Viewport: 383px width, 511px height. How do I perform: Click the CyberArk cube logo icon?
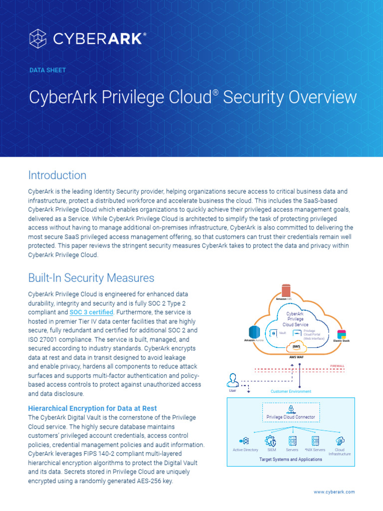(x=39, y=38)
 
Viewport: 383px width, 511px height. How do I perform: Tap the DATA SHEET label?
(x=47, y=70)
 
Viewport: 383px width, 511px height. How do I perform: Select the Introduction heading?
(x=57, y=175)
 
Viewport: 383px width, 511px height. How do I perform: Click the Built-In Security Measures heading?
(x=91, y=278)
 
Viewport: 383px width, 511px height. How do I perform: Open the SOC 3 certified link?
(x=92, y=312)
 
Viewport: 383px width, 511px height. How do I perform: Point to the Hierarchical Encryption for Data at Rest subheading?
(x=93, y=408)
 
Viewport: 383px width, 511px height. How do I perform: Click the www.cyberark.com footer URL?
(x=334, y=492)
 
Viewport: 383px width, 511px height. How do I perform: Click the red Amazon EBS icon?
(x=285, y=290)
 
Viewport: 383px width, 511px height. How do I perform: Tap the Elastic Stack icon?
(x=342, y=334)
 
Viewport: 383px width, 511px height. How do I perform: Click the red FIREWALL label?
(x=337, y=366)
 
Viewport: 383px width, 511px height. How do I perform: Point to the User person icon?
(x=232, y=380)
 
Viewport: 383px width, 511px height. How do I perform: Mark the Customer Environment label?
(x=291, y=392)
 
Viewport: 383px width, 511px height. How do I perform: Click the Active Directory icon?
(x=245, y=441)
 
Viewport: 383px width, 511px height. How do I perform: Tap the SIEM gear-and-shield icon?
(x=271, y=441)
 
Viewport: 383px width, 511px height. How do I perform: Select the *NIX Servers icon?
(x=315, y=441)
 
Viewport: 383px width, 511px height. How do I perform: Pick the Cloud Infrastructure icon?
(x=340, y=441)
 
